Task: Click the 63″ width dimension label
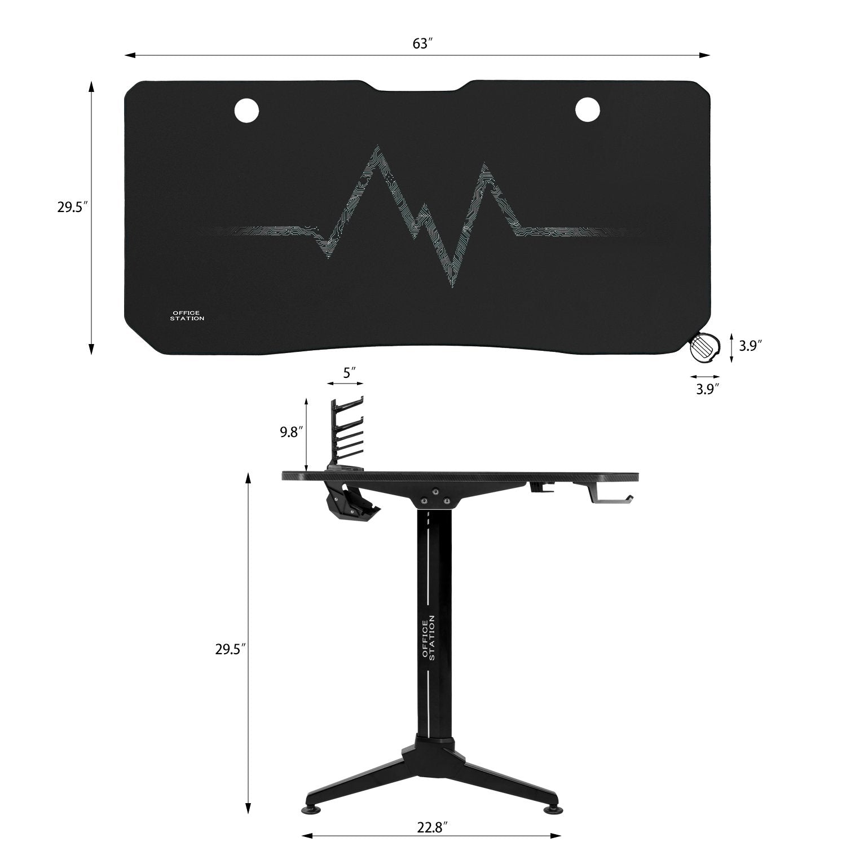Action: coord(422,44)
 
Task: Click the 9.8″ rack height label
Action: coord(292,433)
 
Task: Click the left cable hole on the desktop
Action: coord(246,109)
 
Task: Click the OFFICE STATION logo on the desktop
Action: coord(187,315)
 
